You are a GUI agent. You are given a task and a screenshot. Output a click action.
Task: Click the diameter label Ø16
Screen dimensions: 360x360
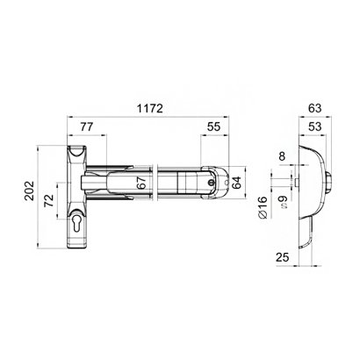pos(262,212)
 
